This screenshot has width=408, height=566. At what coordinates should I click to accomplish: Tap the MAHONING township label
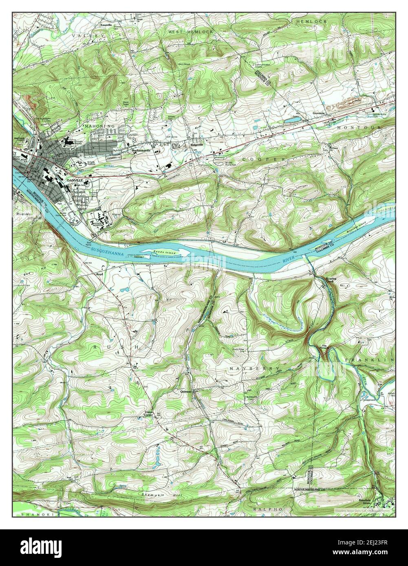(100, 127)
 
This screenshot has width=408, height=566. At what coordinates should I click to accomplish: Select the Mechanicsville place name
(141, 150)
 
